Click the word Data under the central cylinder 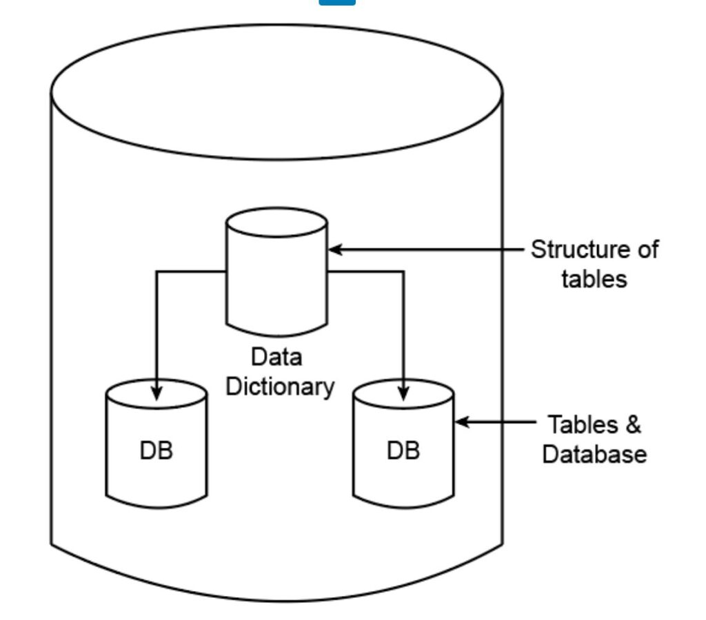[276, 358]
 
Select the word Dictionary [280, 386]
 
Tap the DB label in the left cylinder [157, 451]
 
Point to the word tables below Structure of [594, 279]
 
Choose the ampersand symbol [632, 425]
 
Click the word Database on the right [594, 455]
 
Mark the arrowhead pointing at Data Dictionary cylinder [335, 249]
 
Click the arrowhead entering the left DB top [157, 393]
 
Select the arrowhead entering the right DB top [403, 393]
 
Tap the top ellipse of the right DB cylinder [403, 391]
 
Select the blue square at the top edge [337, 2]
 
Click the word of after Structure [647, 249]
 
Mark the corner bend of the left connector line [157, 272]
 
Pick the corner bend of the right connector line [403, 272]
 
